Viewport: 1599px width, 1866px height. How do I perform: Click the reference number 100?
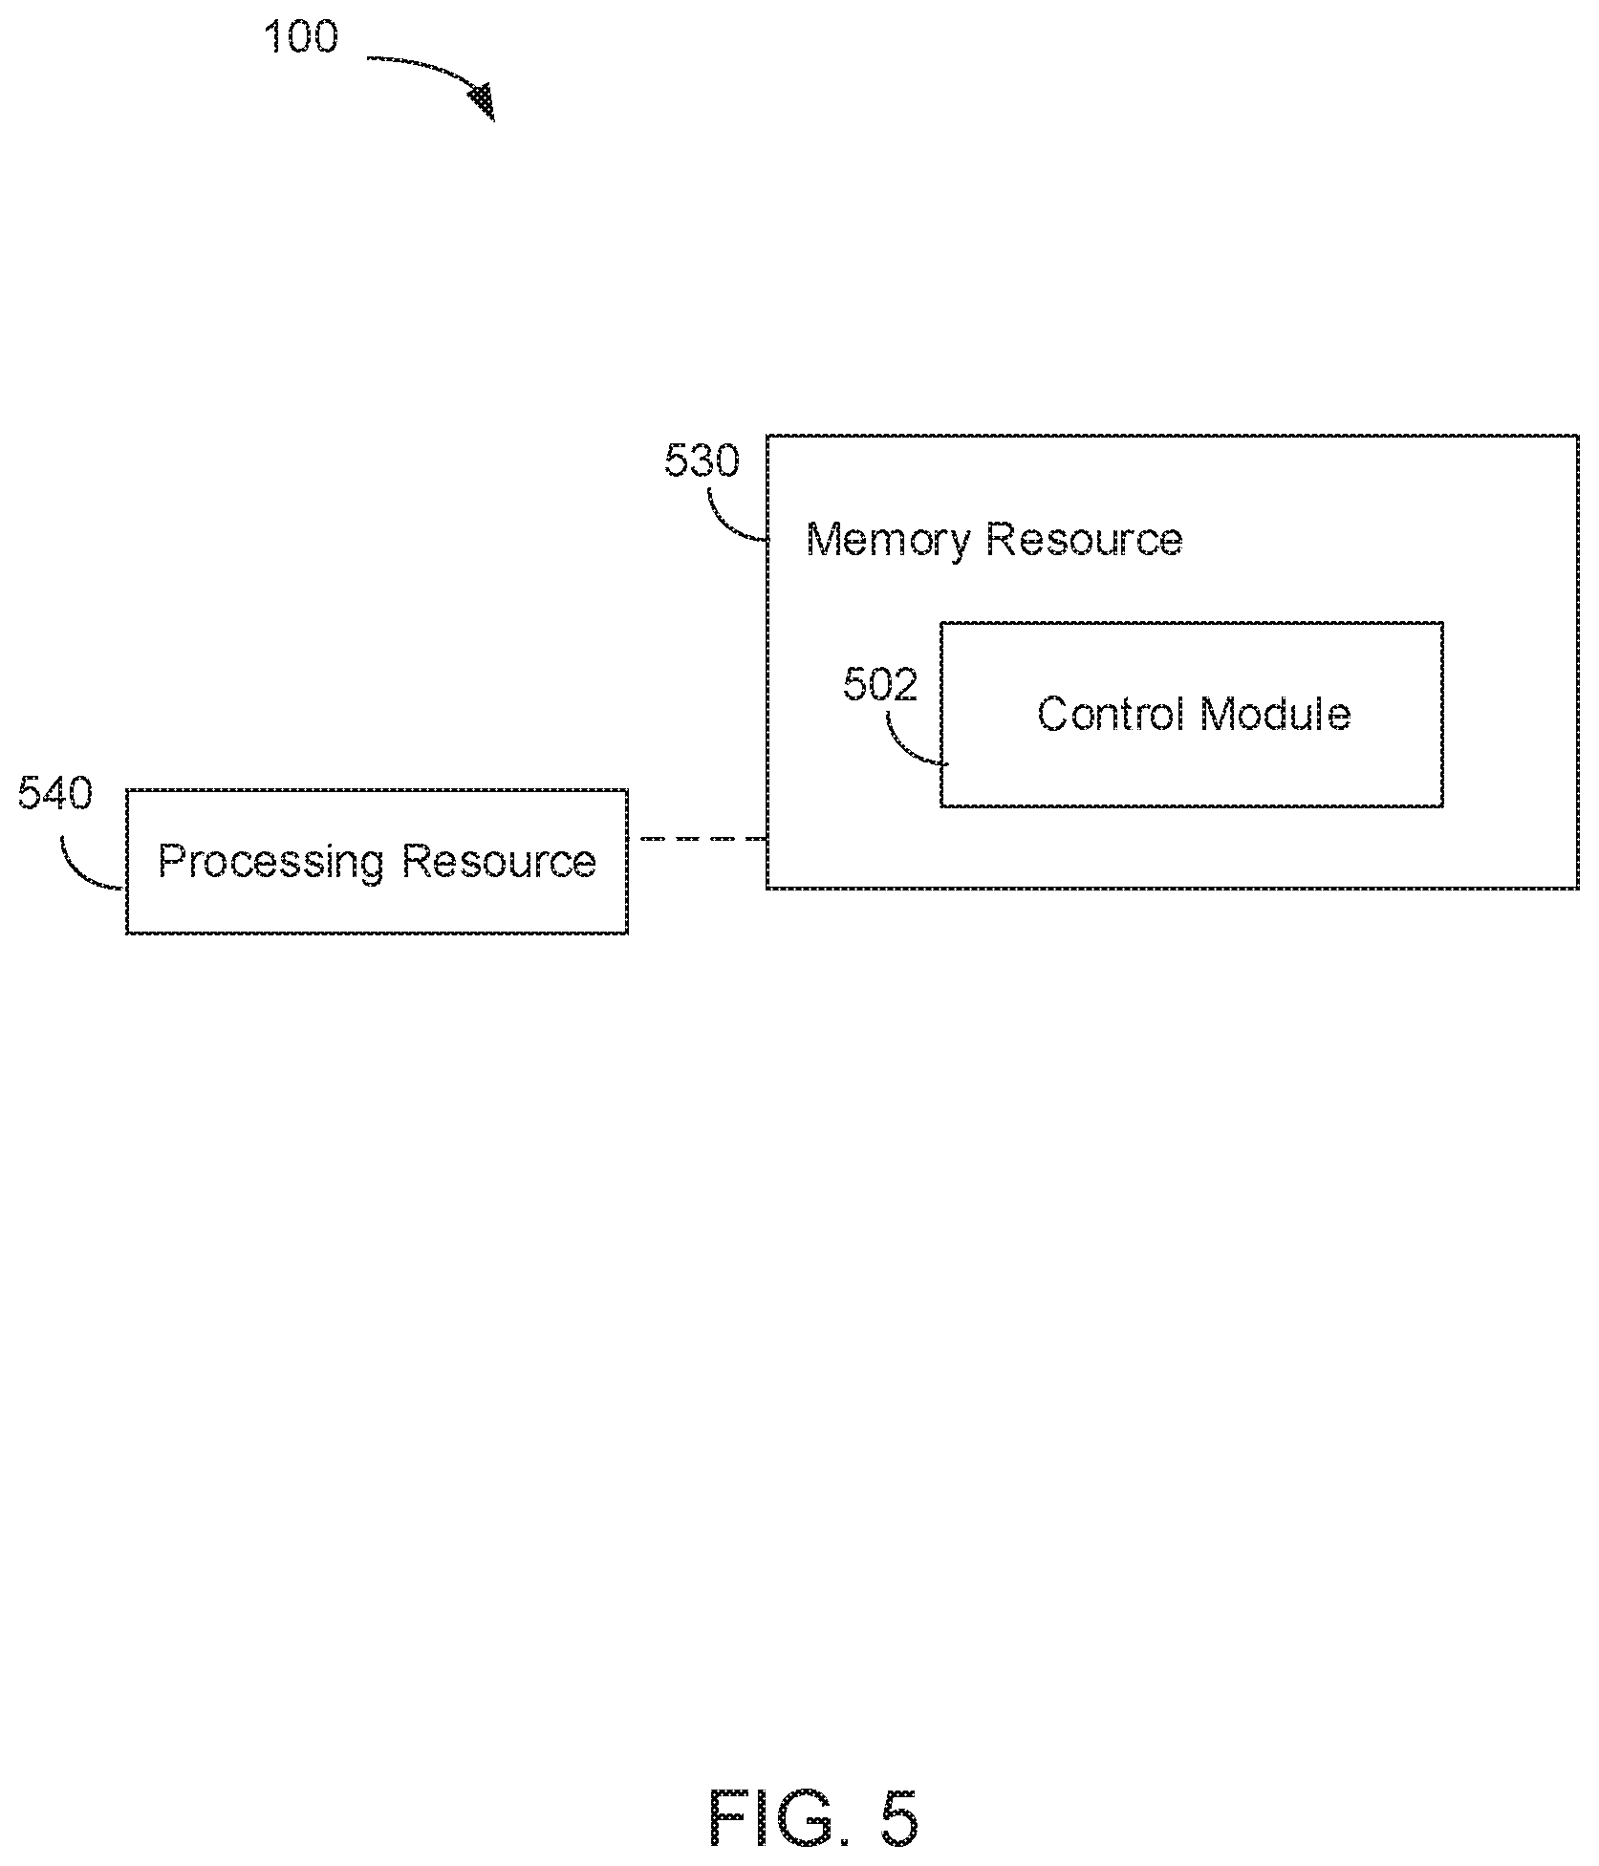coord(300,37)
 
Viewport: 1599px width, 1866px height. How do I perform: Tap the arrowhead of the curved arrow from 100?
coord(484,100)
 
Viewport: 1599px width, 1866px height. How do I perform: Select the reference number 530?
coord(702,461)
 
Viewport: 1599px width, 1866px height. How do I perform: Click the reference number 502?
coord(880,684)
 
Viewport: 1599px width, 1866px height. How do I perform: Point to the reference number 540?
coord(55,794)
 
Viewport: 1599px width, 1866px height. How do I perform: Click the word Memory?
coord(889,541)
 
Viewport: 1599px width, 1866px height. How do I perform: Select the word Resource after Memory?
coord(1085,540)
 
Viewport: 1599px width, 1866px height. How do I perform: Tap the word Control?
coord(1111,714)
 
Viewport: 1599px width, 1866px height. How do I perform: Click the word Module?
coord(1275,714)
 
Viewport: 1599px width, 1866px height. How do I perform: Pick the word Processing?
coord(271,863)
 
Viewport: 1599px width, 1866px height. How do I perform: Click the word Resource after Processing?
coord(499,861)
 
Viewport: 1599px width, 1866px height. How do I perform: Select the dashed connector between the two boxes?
coord(702,839)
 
